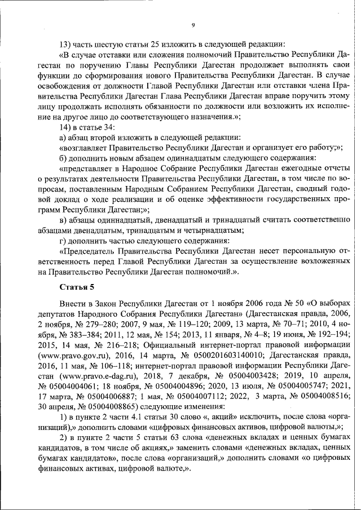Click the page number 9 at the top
[192, 25]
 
